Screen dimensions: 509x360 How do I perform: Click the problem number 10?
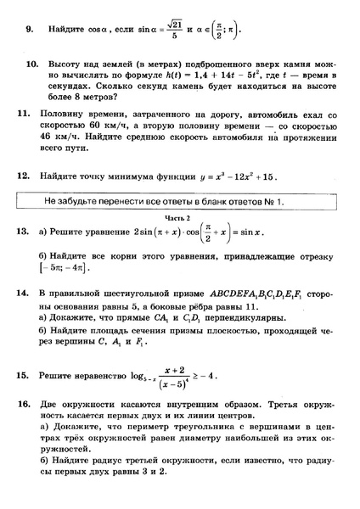click(32, 64)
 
